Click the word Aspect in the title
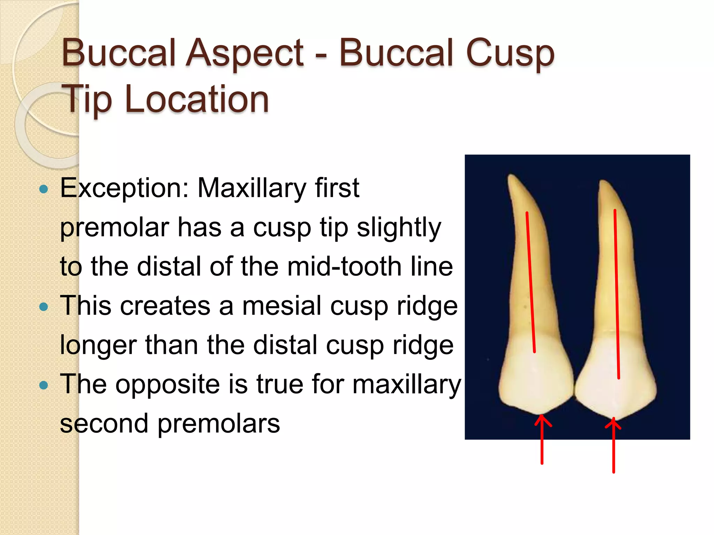pos(244,53)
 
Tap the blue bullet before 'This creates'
pos(44,307)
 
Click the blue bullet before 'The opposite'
pos(44,385)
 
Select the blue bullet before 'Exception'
pos(44,189)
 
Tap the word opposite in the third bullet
pos(167,385)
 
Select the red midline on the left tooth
pos(531,282)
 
